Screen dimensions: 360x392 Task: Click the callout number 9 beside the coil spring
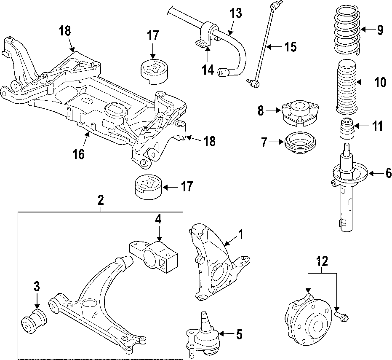380,30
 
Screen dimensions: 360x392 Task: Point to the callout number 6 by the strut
388,173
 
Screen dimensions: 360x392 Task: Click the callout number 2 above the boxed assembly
101,201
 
